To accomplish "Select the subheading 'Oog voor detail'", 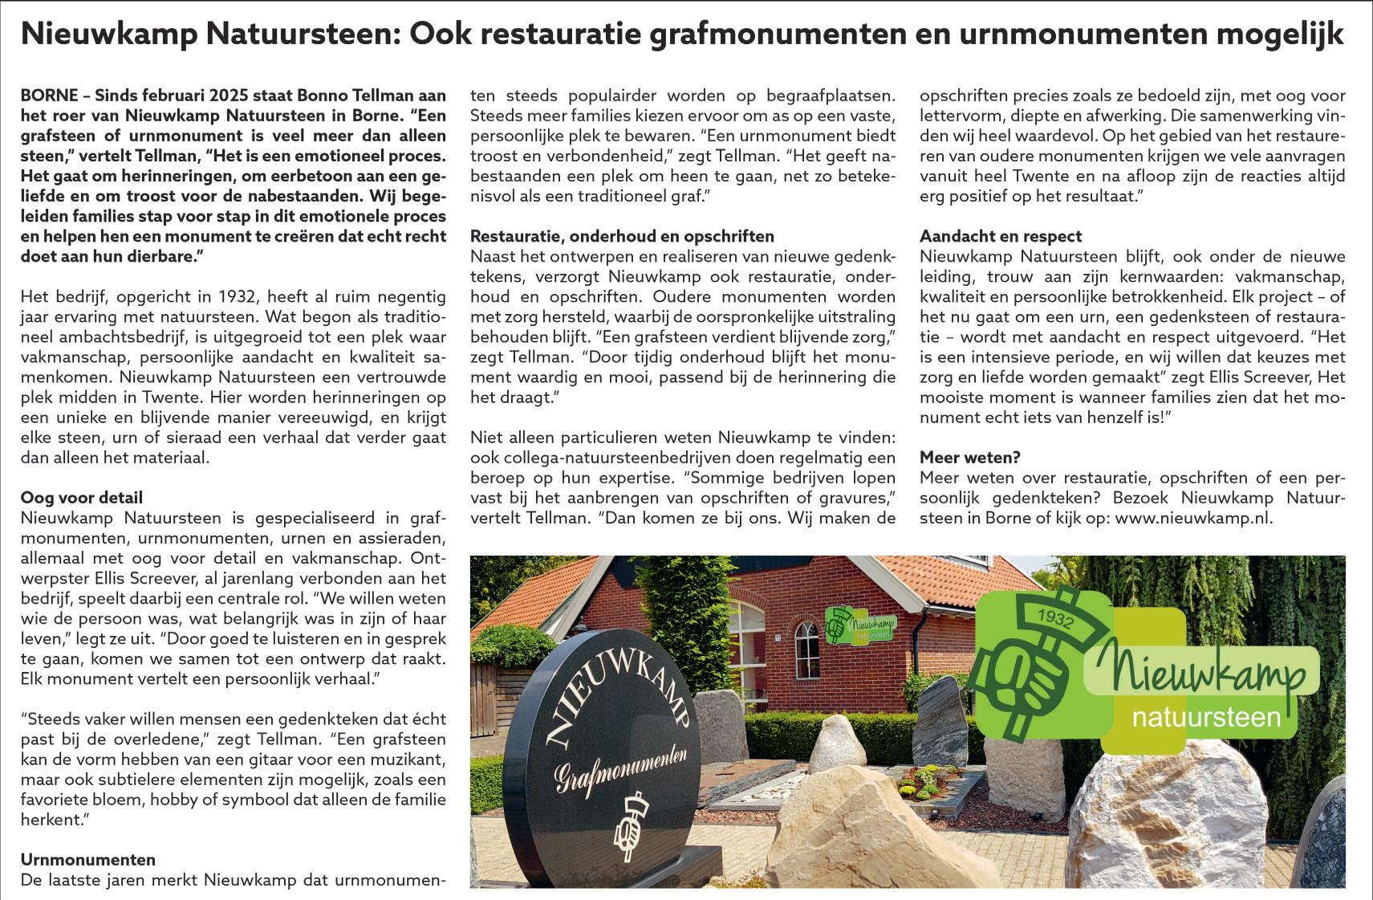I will (81, 498).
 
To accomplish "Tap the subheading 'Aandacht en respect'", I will (1000, 236).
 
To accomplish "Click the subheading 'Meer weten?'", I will (969, 458).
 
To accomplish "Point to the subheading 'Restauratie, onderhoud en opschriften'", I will (622, 236).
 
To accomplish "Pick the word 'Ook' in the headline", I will (438, 34).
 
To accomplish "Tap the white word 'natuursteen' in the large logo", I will (1205, 716).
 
